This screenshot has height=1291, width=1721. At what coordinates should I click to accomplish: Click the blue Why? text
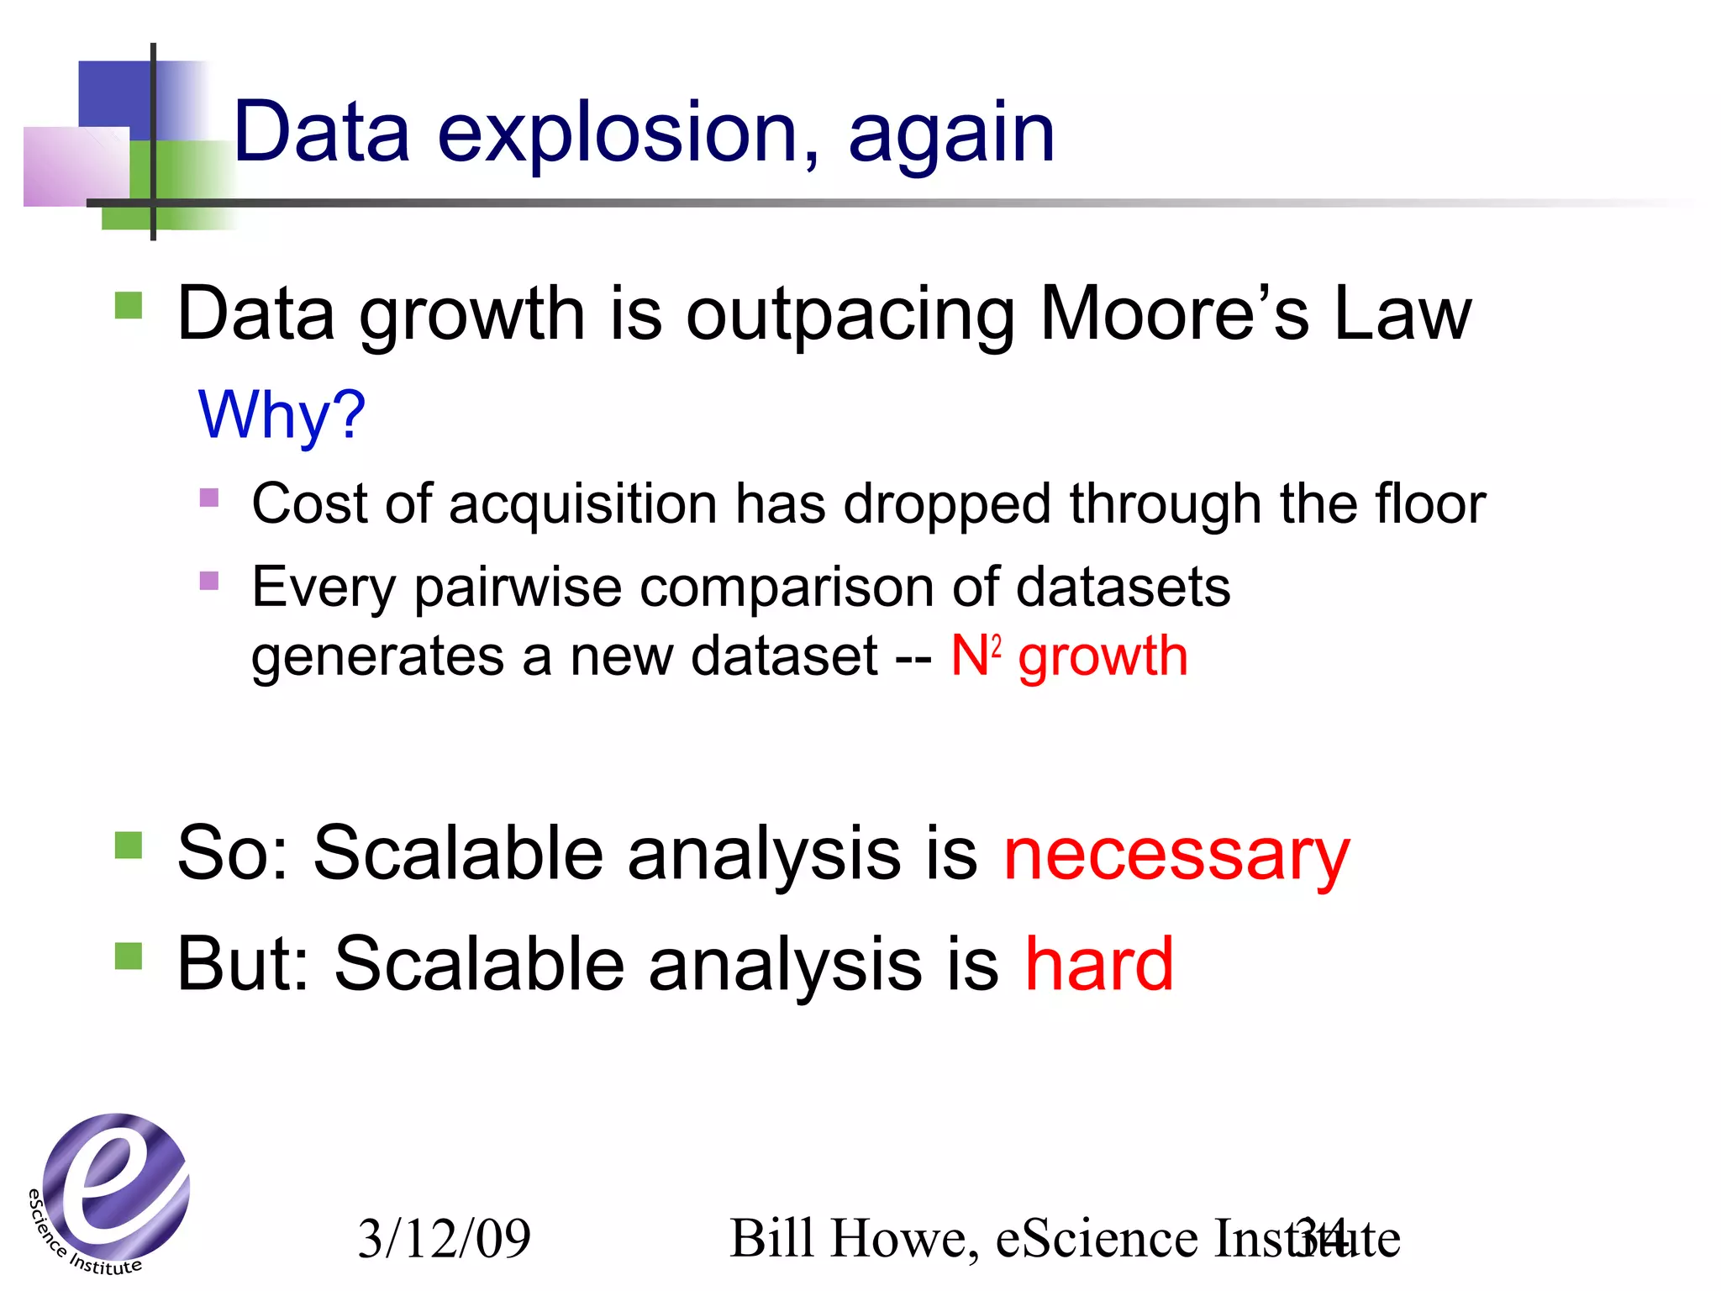pos(282,415)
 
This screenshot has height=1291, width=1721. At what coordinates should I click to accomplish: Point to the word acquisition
pos(583,504)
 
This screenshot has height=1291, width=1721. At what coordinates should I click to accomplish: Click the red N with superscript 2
pos(975,656)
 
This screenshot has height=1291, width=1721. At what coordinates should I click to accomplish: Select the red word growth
pos(1103,657)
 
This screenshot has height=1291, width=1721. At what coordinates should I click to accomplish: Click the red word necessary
pos(1176,855)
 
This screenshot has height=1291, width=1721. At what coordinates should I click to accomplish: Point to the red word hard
pos(1098,964)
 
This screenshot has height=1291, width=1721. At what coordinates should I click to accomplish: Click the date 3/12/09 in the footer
pos(444,1238)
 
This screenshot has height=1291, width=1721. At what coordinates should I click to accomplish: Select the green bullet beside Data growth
pos(129,305)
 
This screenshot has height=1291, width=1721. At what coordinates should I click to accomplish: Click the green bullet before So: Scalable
pos(129,845)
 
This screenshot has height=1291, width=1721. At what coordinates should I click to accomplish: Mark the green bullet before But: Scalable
pos(129,956)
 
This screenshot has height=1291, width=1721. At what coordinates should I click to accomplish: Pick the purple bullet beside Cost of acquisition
pos(209,498)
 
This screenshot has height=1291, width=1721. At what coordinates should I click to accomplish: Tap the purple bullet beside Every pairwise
pos(209,581)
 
